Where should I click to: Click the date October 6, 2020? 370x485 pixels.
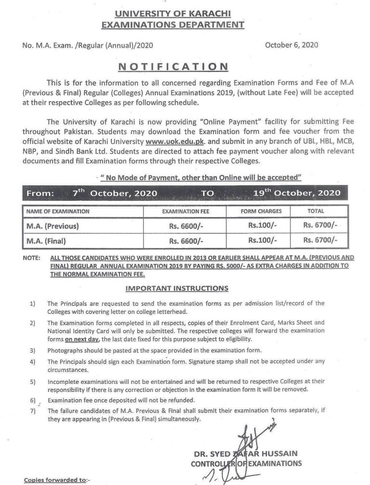point(291,45)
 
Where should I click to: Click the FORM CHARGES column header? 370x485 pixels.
point(262,211)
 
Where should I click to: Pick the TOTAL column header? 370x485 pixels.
point(316,211)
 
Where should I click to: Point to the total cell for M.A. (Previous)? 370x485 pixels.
point(320,225)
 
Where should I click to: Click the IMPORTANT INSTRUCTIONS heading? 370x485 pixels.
point(177,288)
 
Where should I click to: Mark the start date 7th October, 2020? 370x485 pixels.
point(112,194)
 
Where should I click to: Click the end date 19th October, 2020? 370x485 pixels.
point(297,194)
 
